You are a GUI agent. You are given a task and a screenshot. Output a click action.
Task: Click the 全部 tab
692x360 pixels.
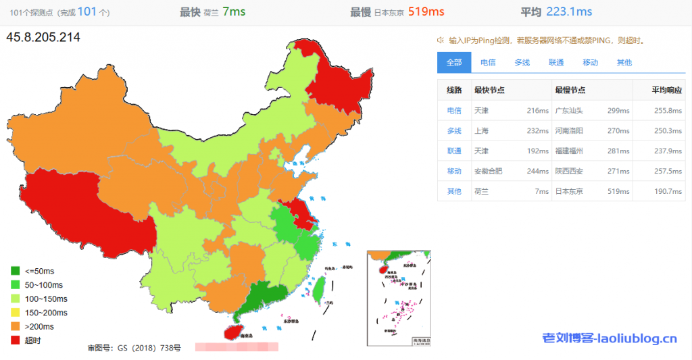point(454,62)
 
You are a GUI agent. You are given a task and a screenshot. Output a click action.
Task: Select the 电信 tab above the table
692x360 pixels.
point(488,62)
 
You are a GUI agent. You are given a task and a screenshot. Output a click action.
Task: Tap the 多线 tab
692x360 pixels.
point(522,62)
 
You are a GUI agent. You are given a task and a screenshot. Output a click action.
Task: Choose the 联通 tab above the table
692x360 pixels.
point(556,62)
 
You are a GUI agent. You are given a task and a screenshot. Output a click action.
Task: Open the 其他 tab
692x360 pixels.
point(624,62)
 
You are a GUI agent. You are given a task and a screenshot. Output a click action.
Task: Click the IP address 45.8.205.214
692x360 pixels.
point(43,38)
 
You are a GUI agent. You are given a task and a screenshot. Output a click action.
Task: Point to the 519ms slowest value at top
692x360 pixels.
point(426,11)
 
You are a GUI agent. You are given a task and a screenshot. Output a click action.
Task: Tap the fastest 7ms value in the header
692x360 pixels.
point(234,11)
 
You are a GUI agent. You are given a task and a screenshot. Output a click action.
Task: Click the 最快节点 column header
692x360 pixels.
point(489,91)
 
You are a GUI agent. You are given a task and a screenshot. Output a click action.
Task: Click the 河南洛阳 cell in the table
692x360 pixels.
point(569,131)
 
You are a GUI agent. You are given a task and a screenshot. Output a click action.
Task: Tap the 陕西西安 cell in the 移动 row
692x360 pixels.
point(569,172)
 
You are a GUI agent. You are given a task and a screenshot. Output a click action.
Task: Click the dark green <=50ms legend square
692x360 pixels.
point(16,271)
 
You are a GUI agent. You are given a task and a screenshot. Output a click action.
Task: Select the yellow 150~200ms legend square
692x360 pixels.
point(16,313)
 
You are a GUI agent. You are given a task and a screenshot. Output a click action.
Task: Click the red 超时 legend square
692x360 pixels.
point(16,340)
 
